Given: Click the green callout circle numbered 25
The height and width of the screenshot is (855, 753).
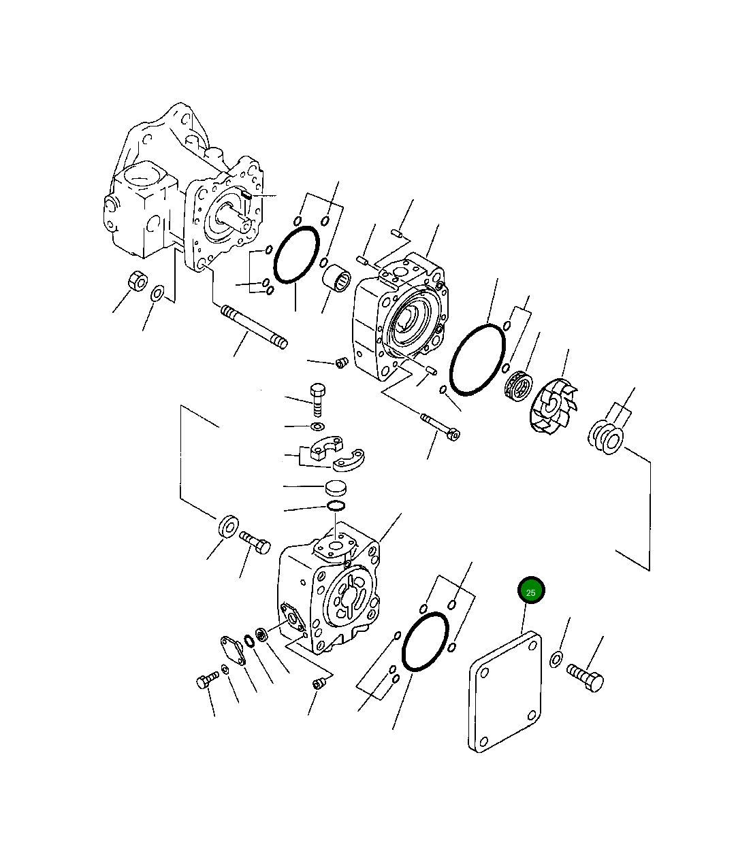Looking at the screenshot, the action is (531, 590).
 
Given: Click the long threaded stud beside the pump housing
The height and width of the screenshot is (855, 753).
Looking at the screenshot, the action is (254, 326).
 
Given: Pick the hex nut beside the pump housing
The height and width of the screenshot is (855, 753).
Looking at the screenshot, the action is (137, 280).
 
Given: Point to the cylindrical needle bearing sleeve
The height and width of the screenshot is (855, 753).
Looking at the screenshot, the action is (336, 278).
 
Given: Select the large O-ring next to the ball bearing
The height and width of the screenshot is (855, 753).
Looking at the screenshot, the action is (477, 360).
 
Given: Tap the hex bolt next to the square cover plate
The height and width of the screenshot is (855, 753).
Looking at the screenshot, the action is (586, 677).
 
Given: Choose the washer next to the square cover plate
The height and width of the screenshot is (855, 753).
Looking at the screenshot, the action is (556, 659).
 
